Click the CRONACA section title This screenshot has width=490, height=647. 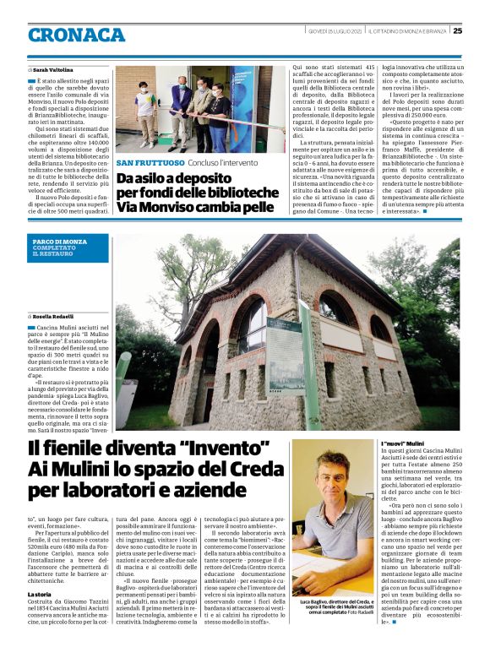pos(76,35)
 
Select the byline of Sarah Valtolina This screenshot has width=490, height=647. pos(53,69)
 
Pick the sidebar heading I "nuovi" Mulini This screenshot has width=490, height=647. pos(403,443)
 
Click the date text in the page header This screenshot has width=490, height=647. pos(335,30)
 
